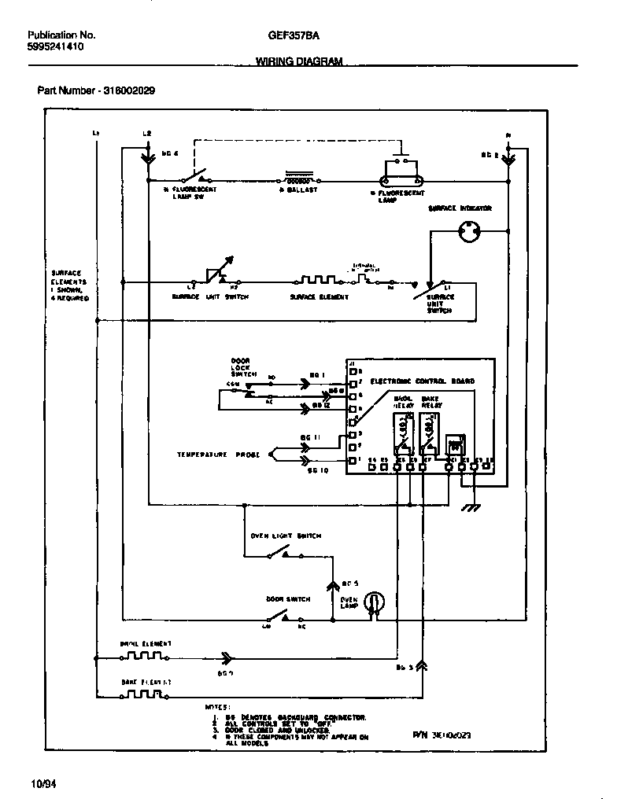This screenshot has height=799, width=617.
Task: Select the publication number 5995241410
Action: pyautogui.click(x=56, y=47)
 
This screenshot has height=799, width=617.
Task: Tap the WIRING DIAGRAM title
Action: pyautogui.click(x=299, y=62)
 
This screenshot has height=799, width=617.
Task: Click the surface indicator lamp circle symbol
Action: pyautogui.click(x=469, y=231)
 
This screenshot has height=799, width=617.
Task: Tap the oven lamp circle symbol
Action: pyautogui.click(x=376, y=601)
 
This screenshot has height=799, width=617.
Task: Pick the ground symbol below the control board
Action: pyautogui.click(x=471, y=507)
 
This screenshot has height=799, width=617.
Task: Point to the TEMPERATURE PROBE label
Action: pyautogui.click(x=212, y=455)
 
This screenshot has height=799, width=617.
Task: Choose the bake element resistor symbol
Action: pyautogui.click(x=145, y=694)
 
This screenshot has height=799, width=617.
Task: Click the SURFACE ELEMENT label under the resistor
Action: pyautogui.click(x=319, y=297)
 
